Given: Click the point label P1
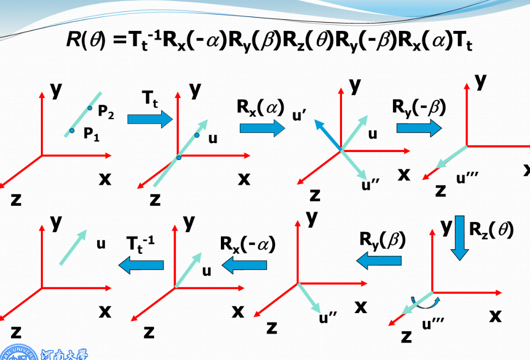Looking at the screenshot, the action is click(91, 134).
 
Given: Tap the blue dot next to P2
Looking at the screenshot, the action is click(90, 108).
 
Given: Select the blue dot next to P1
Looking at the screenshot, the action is click(72, 131).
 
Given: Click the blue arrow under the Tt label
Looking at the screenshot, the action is click(150, 119).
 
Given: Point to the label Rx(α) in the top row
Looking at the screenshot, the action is click(260, 107).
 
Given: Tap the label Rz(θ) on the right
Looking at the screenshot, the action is click(491, 230).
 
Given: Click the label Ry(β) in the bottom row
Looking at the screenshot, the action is click(382, 240).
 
